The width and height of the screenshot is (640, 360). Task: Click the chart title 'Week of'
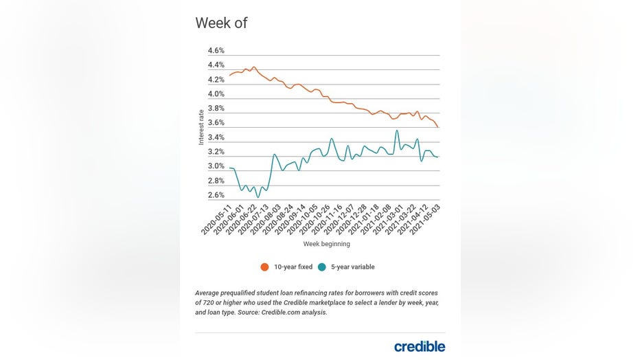click(x=221, y=23)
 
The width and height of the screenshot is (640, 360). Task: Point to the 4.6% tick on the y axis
click(x=216, y=51)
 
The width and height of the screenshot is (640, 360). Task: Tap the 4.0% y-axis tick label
click(x=216, y=94)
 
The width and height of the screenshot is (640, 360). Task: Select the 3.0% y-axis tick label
click(x=216, y=166)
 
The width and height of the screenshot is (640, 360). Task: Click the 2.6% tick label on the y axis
click(x=216, y=195)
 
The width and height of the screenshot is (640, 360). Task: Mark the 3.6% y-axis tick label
click(x=216, y=123)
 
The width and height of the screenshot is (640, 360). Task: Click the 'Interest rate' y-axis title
click(x=201, y=126)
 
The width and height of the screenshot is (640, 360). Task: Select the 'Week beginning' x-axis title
click(x=326, y=244)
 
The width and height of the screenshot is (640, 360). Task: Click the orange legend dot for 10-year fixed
click(x=264, y=267)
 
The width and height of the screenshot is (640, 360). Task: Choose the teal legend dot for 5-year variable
click(x=321, y=267)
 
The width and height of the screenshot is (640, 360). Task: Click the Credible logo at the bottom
click(x=420, y=346)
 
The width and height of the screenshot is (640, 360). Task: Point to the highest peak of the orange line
click(x=254, y=67)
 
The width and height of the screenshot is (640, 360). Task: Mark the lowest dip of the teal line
click(x=258, y=197)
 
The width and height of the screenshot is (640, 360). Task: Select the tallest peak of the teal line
click(x=397, y=131)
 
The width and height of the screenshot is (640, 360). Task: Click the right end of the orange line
click(x=439, y=127)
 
